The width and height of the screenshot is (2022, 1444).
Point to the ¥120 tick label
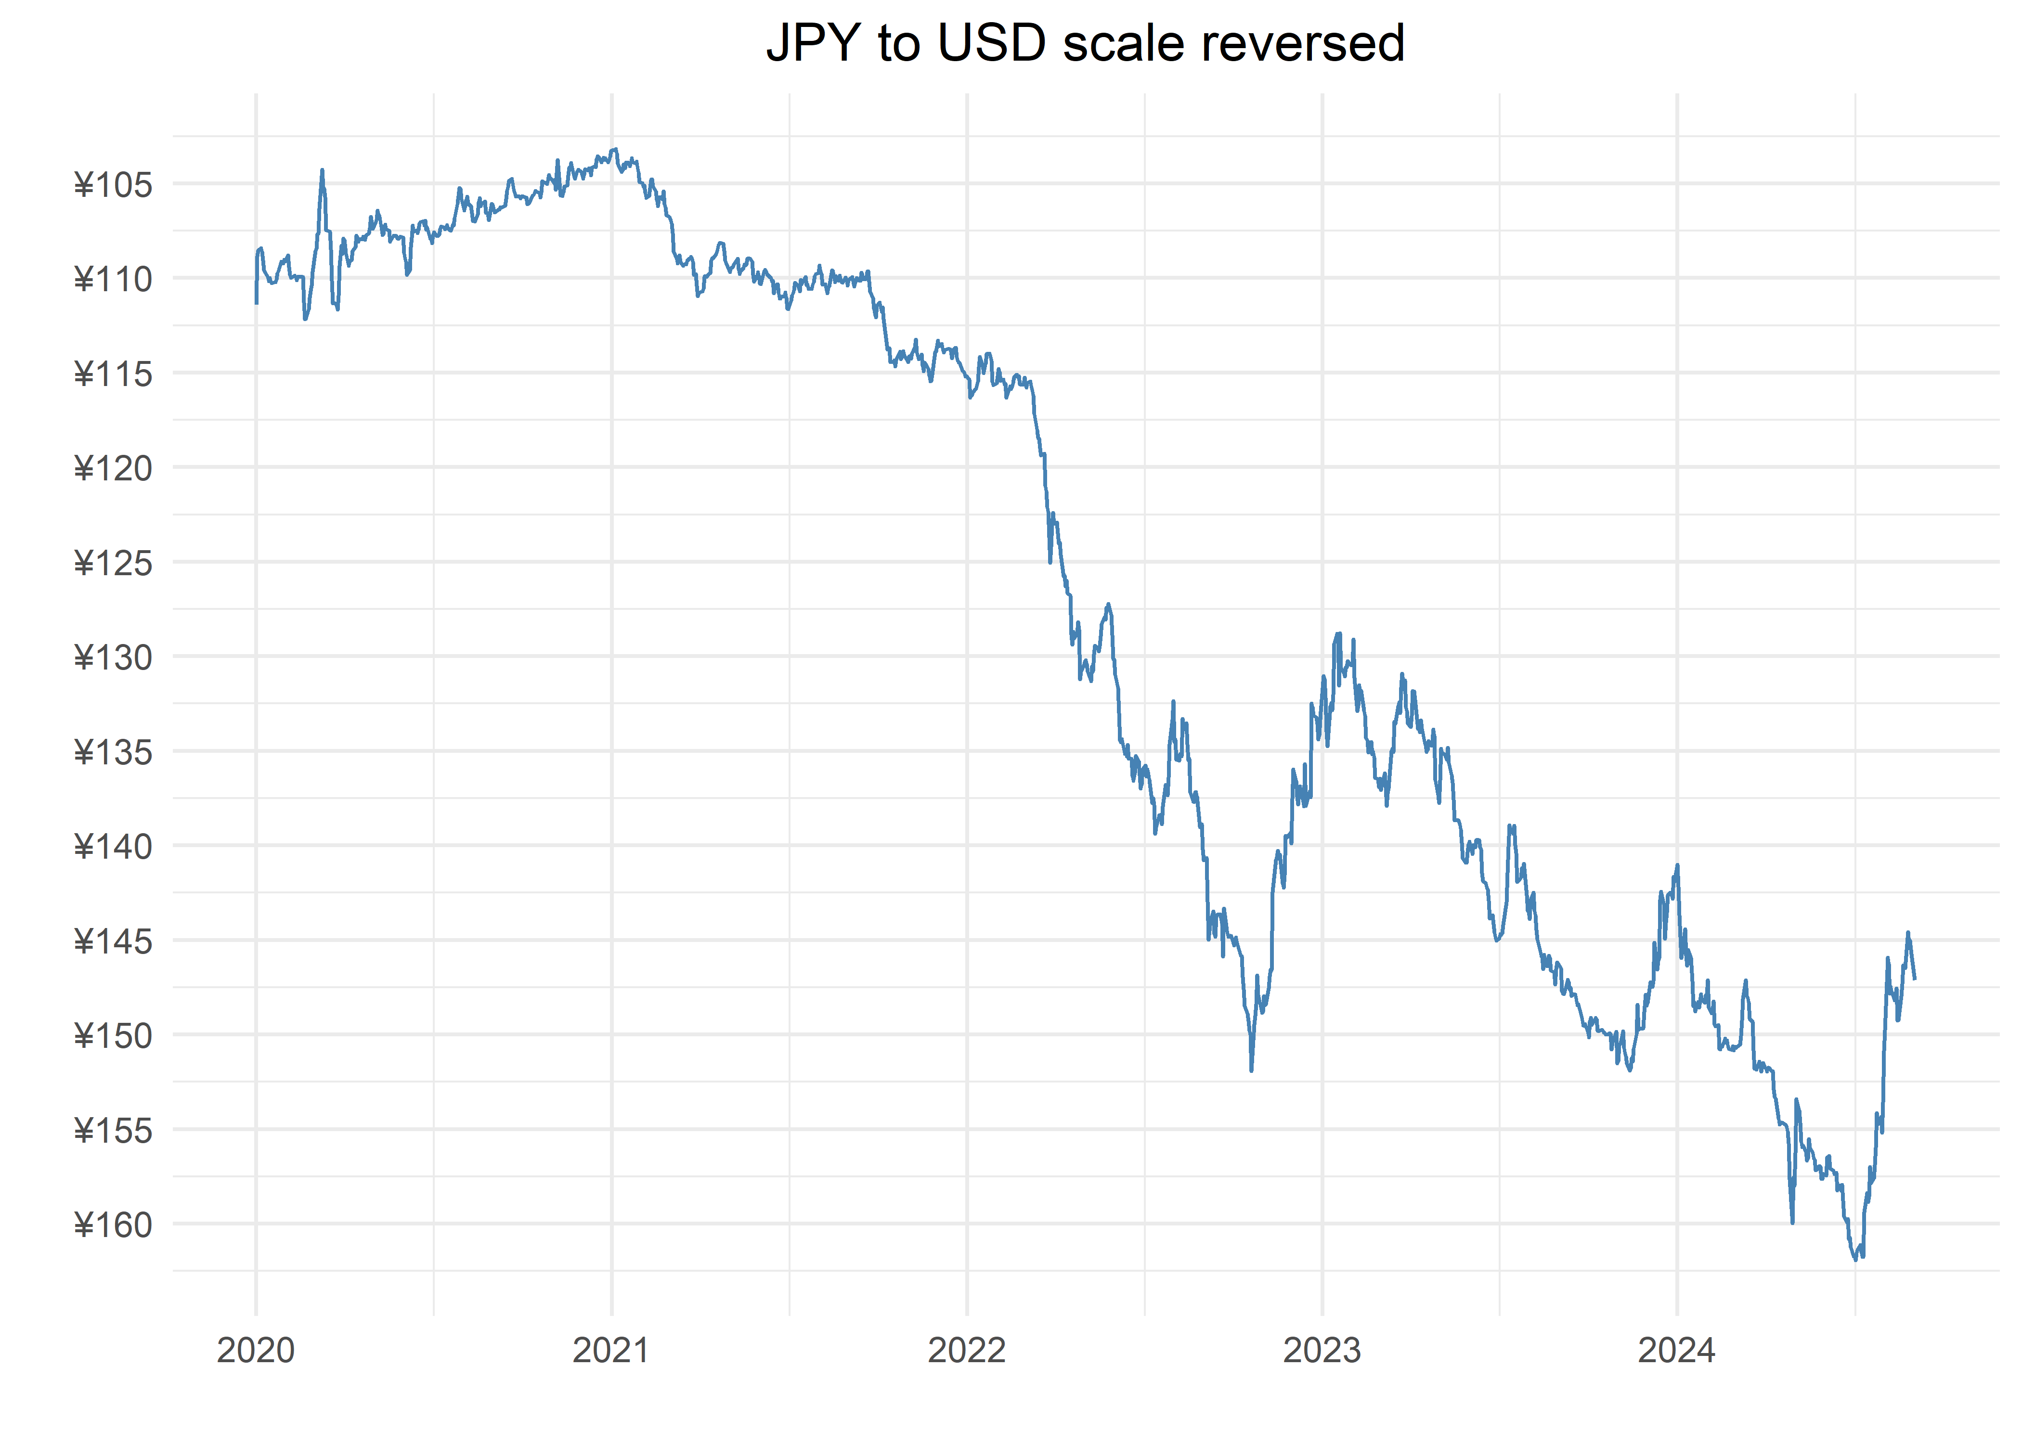113,469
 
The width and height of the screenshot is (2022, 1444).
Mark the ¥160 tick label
113,1225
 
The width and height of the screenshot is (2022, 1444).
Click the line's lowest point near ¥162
1856,1259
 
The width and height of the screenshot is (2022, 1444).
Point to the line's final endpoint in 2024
1915,979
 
